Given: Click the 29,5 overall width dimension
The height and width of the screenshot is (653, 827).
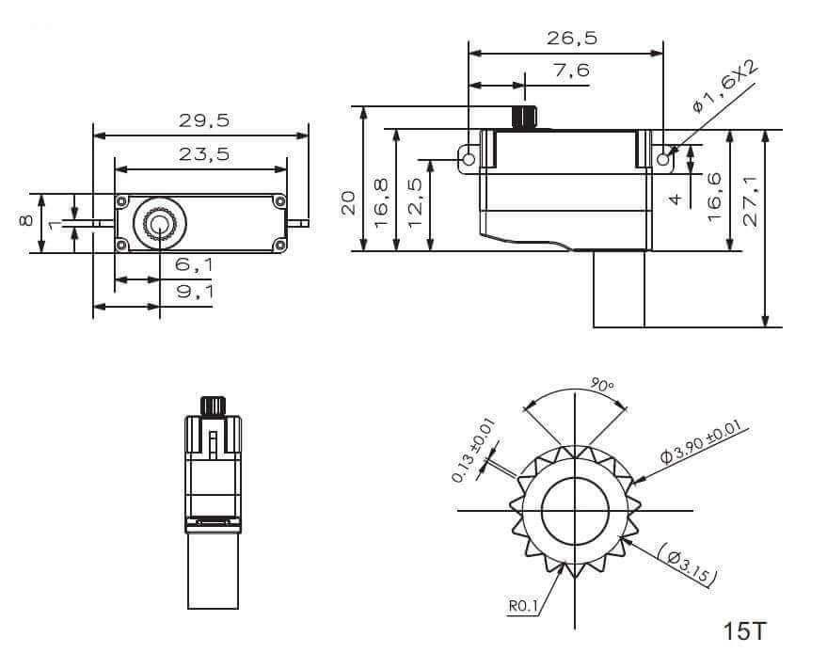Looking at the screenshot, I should [204, 120].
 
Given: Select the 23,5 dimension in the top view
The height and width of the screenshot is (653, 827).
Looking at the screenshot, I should [204, 154].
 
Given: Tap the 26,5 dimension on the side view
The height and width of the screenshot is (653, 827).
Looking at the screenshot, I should [572, 39].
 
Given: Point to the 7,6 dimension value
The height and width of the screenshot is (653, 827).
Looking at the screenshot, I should [572, 70].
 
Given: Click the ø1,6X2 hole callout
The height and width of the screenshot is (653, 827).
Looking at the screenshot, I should [724, 88].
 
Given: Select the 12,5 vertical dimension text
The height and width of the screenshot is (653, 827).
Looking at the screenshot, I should [415, 196].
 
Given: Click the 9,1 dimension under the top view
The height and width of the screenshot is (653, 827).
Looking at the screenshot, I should [195, 293].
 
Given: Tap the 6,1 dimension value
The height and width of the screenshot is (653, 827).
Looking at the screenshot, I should [194, 266].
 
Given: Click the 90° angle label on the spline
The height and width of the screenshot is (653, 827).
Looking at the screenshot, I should [602, 385].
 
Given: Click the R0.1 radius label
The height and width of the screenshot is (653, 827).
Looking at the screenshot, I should [523, 607].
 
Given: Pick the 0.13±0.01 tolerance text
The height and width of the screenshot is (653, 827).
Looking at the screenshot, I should [473, 450].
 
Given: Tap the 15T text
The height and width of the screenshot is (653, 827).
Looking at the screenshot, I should [745, 630].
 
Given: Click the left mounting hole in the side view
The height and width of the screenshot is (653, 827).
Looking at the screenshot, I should [469, 160].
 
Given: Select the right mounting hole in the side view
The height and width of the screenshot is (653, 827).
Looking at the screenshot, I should [663, 160].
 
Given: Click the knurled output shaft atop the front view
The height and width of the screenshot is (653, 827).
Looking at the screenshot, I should [213, 406].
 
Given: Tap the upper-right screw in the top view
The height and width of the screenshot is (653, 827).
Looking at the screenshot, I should [279, 200].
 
